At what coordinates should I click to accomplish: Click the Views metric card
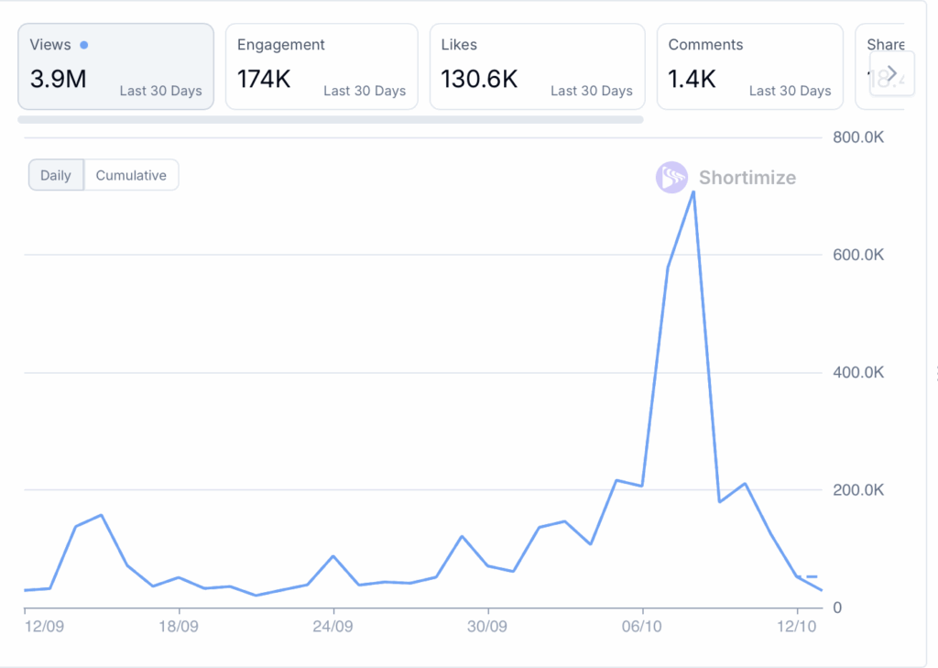tap(115, 66)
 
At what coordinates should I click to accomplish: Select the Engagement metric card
tap(321, 66)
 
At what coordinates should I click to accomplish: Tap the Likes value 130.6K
tap(479, 80)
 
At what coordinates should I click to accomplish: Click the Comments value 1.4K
tap(692, 80)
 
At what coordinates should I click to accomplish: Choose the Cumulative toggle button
tap(131, 175)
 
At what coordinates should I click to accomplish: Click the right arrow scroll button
tap(891, 72)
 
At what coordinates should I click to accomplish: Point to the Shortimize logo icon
tap(671, 178)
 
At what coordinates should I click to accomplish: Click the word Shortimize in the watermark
tap(747, 178)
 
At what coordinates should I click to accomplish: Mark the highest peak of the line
tap(693, 192)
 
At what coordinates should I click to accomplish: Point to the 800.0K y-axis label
tap(857, 137)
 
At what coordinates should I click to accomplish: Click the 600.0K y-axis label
tap(857, 255)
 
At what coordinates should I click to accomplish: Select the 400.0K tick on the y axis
tap(857, 373)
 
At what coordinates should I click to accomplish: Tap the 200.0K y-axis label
tap(857, 490)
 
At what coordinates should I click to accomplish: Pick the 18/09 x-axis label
tap(179, 627)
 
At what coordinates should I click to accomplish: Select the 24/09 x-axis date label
tap(333, 627)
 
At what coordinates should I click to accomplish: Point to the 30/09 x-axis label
tap(488, 627)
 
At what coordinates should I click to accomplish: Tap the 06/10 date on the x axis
tap(642, 627)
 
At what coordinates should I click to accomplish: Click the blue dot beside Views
tap(84, 45)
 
